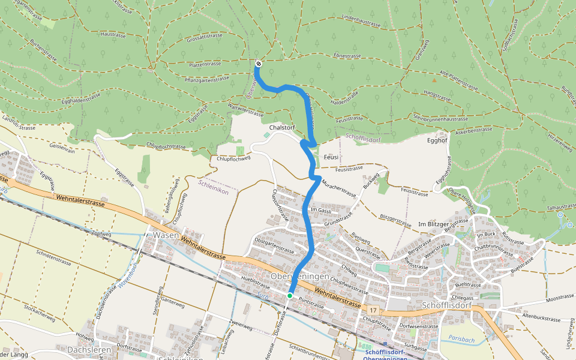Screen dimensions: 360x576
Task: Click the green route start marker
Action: click(x=290, y=295)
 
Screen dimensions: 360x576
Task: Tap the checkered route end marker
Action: click(x=258, y=63)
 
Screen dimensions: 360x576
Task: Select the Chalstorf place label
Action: click(x=283, y=128)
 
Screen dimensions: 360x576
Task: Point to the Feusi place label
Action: click(x=331, y=157)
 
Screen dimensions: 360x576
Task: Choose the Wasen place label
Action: click(x=165, y=235)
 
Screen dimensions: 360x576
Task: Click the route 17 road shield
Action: click(x=373, y=310)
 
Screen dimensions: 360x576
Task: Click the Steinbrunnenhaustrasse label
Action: click(x=440, y=118)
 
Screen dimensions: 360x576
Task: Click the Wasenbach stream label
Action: click(x=128, y=276)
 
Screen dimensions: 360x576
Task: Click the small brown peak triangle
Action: click(x=434, y=79)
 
